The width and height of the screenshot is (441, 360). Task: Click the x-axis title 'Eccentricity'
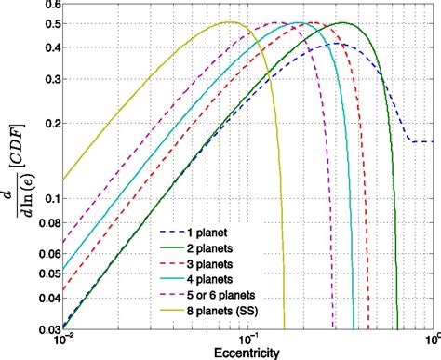[x=247, y=352]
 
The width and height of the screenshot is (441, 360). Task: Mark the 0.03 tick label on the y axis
[x=45, y=327]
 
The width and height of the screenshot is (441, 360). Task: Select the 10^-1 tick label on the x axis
[x=247, y=340]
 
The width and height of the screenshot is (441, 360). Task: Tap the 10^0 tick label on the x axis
[x=432, y=340]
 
